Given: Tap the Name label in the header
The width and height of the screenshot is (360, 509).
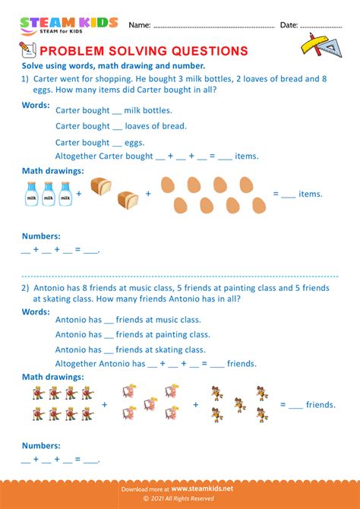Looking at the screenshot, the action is [x=139, y=25].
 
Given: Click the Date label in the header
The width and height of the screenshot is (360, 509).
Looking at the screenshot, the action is [x=289, y=25].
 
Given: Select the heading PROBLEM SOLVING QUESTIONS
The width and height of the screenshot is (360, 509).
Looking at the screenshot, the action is [x=143, y=51].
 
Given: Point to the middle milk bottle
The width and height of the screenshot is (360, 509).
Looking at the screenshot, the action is [x=49, y=194].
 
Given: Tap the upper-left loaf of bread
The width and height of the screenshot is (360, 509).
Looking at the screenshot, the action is [x=101, y=185].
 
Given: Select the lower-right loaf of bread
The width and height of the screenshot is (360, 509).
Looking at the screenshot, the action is [x=128, y=201].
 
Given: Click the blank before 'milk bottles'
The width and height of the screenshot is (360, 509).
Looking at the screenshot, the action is [x=117, y=111].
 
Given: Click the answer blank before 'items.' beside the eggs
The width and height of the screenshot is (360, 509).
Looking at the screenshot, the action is [x=288, y=195].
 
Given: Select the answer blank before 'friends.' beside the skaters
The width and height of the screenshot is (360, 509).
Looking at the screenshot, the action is [x=295, y=406].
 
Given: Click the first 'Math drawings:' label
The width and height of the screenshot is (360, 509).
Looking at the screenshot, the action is [x=53, y=171].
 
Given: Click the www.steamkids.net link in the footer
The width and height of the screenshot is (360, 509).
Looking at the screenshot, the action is [x=204, y=489].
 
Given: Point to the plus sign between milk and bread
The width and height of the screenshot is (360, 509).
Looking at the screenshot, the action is [x=79, y=194].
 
